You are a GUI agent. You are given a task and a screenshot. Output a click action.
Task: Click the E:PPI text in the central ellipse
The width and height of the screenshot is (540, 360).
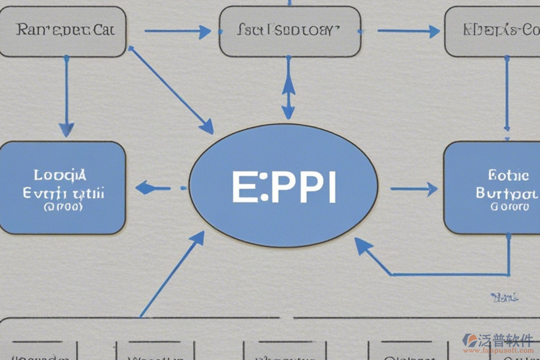pos(284,187)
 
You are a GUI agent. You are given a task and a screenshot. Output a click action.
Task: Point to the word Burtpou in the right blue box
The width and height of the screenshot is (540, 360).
pos(506,193)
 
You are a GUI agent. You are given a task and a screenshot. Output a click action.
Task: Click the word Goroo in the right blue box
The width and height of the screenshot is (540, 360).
pos(509,207)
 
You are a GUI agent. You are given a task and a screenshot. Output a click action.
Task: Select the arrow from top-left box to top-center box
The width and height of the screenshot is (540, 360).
pos(178,32)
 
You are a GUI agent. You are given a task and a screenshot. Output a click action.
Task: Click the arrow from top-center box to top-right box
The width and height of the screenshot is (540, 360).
pos(409,31)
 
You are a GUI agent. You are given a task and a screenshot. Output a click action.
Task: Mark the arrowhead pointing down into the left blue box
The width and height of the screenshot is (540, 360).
pos(66,128)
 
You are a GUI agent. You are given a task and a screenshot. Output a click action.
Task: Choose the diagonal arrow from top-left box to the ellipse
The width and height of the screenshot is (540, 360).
pos(172,90)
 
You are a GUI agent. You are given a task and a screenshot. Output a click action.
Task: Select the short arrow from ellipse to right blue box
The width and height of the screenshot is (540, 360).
pos(414,189)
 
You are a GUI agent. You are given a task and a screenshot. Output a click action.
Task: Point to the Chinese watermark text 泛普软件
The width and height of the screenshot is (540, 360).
pos(505,340)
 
